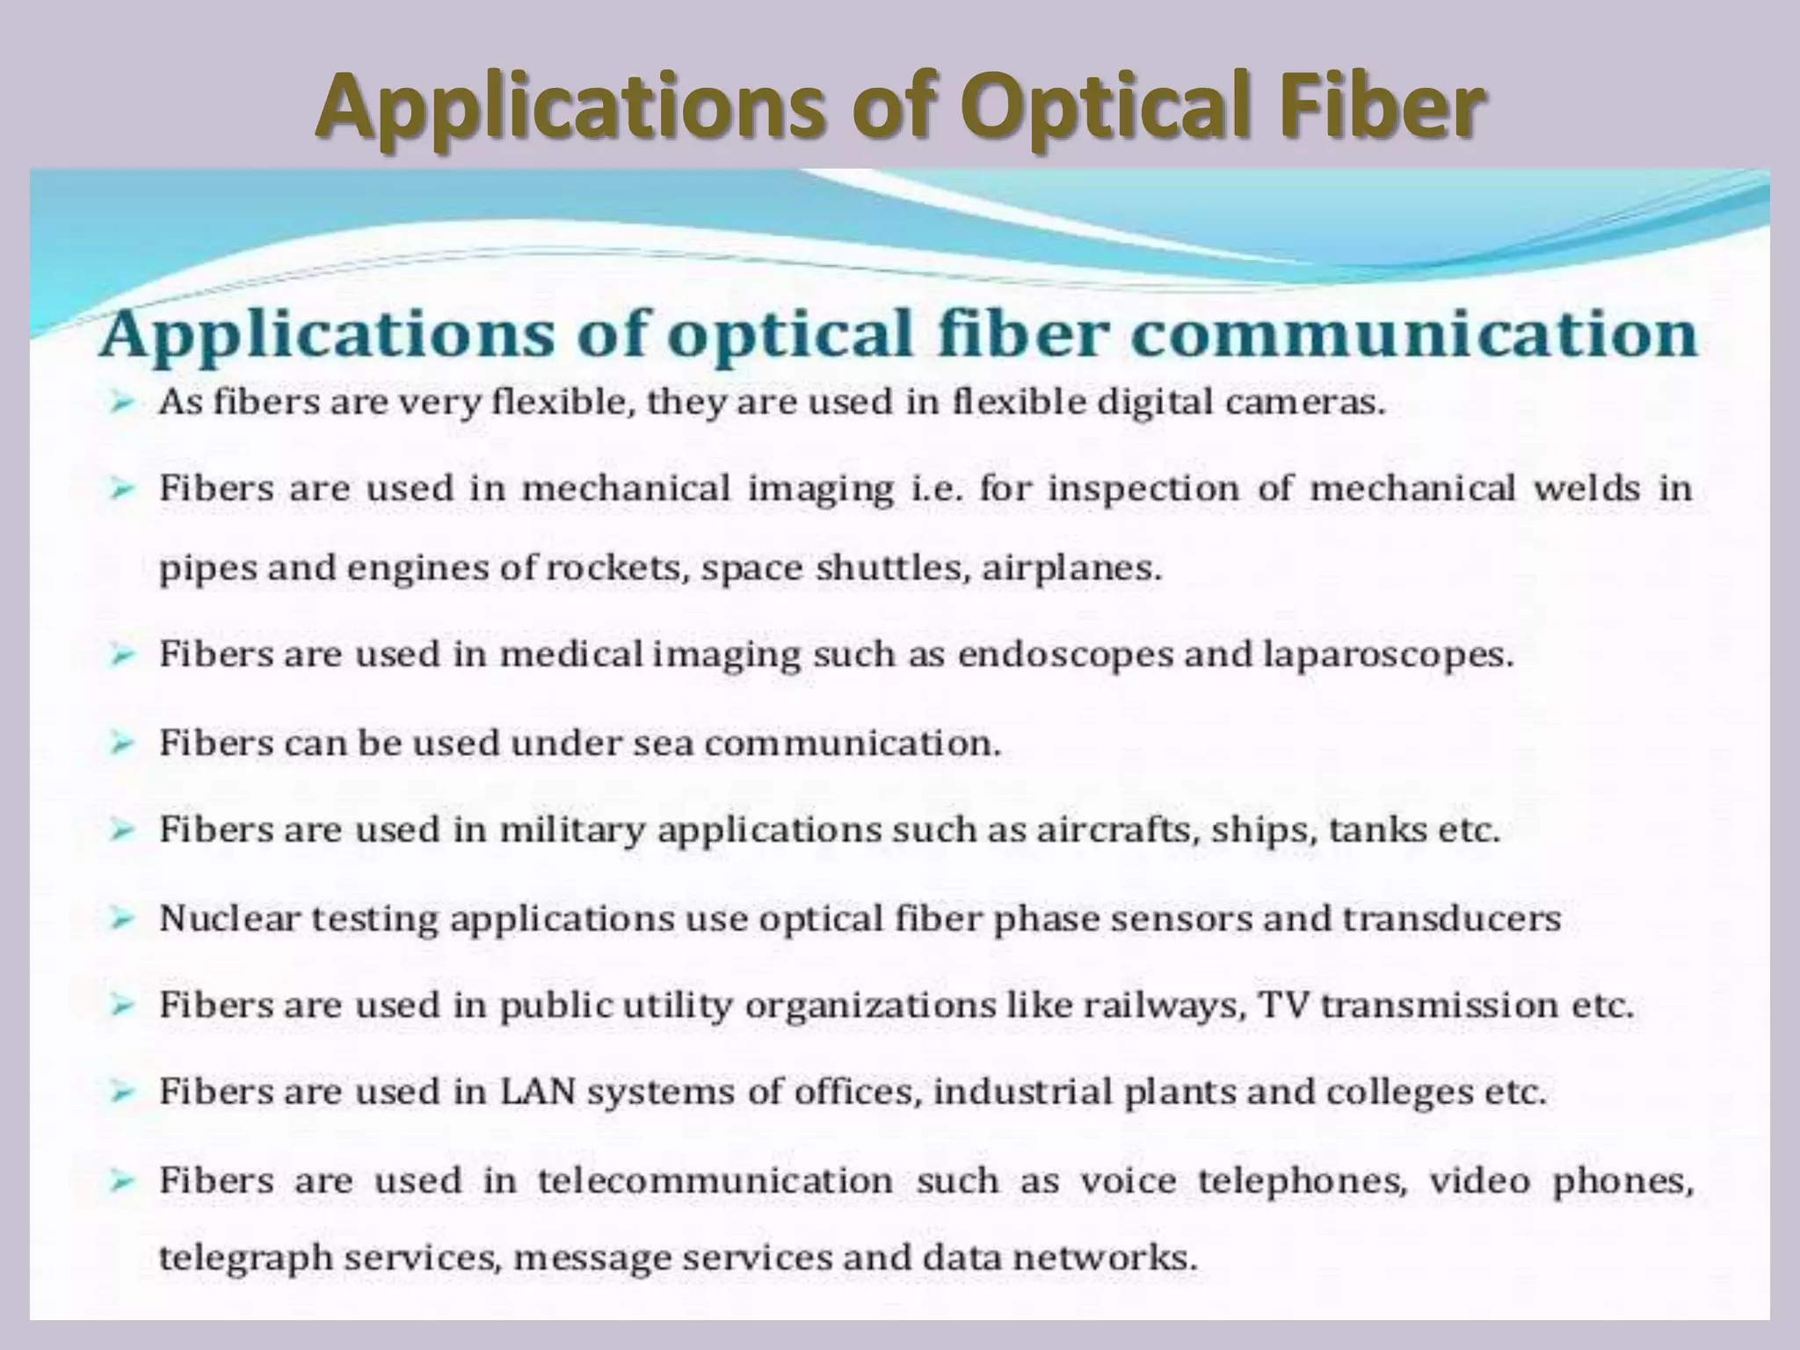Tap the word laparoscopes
(1389, 656)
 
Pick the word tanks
(1377, 831)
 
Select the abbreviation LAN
(537, 1092)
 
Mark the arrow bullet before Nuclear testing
(122, 919)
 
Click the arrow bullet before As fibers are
(122, 404)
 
